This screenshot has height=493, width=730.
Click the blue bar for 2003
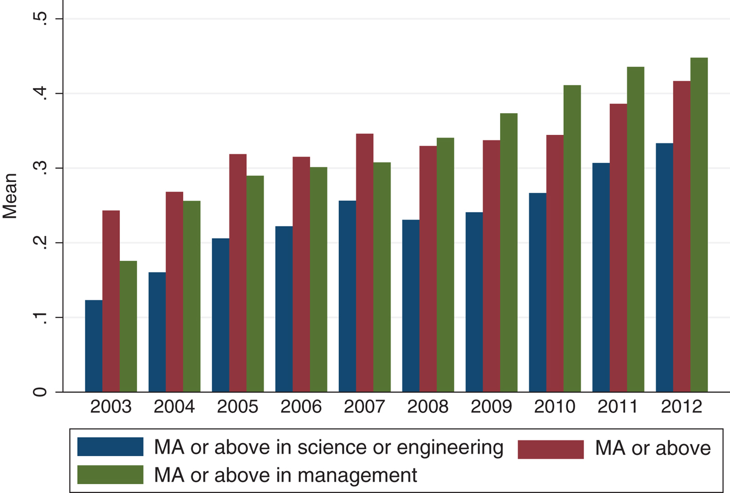tap(93, 346)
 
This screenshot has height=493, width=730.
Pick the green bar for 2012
tap(699, 225)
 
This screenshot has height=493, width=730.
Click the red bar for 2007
tap(364, 263)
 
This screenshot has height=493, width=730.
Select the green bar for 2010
tap(572, 239)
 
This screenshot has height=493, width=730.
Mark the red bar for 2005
tap(238, 273)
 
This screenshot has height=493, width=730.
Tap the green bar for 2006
tap(319, 279)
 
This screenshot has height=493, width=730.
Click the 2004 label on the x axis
tap(174, 407)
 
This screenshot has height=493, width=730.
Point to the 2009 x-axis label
tap(491, 407)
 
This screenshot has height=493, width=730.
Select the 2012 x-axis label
tap(682, 407)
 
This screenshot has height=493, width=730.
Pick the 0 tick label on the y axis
tap(41, 392)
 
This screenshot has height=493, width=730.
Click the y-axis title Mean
tap(10, 196)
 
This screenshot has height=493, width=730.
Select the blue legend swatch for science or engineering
tap(110, 447)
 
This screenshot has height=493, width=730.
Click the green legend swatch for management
tap(110, 475)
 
